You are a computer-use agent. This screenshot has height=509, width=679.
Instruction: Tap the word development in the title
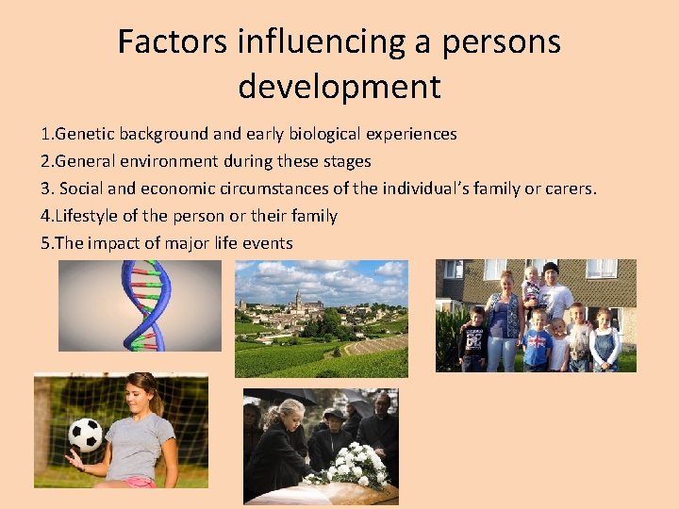click(x=339, y=86)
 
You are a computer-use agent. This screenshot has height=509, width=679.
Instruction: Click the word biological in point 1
click(x=333, y=134)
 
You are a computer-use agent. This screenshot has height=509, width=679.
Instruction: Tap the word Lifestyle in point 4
click(x=89, y=216)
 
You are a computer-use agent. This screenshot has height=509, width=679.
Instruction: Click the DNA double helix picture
click(x=140, y=305)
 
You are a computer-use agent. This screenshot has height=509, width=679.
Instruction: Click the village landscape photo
click(x=321, y=319)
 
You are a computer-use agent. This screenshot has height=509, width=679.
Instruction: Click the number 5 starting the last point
click(x=45, y=243)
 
